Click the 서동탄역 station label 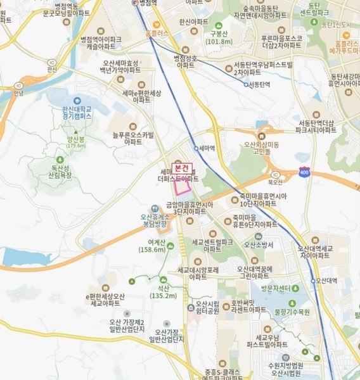[259, 84]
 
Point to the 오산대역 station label [326, 281]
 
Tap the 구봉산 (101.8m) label [219, 37]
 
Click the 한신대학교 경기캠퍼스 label [72, 113]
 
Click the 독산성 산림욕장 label [62, 170]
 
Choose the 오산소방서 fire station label [258, 244]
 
